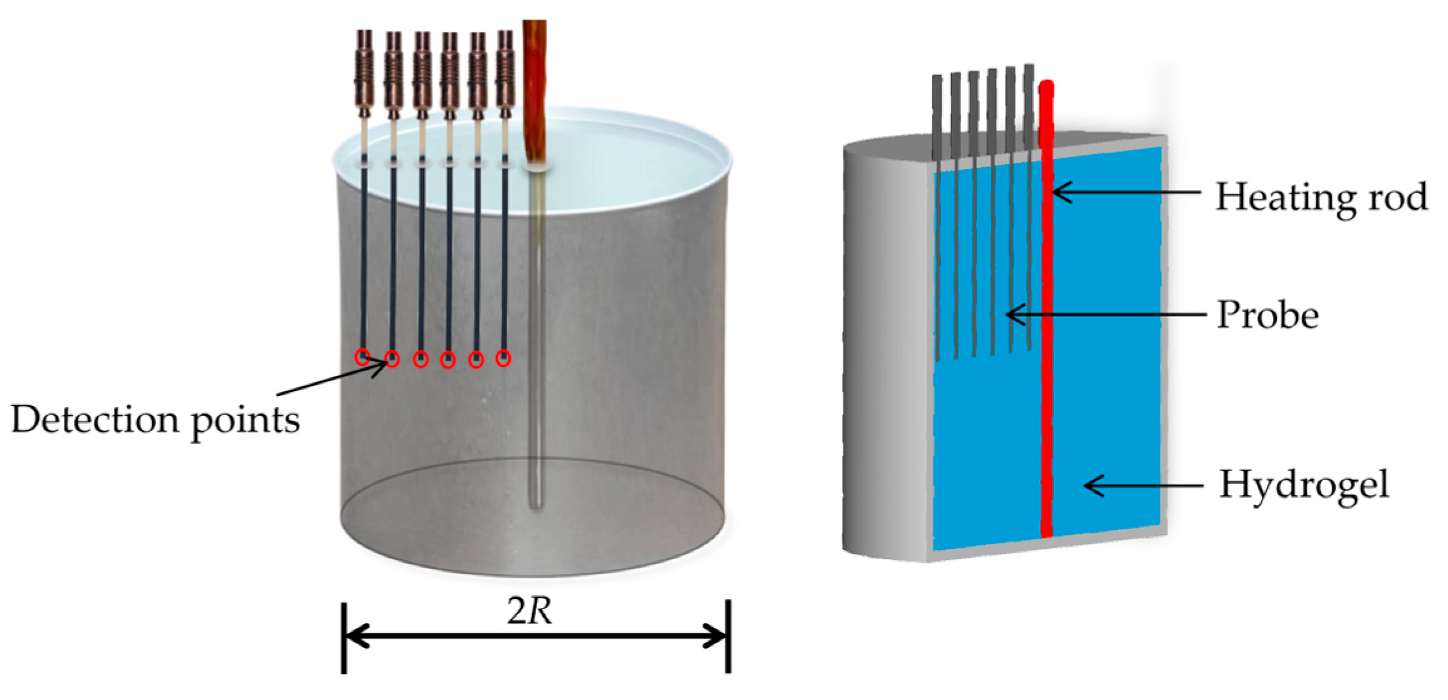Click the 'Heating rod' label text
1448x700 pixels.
point(1321,197)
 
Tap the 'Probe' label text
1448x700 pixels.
point(1267,315)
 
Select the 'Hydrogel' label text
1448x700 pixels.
point(1304,484)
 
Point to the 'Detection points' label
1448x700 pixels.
point(155,419)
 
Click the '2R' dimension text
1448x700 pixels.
point(530,611)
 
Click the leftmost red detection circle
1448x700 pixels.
point(362,357)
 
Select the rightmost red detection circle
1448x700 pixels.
point(503,358)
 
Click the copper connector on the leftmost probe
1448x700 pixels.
point(364,69)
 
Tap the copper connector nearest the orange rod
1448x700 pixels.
point(505,69)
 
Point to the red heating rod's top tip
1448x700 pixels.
point(1046,86)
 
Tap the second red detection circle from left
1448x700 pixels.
point(392,358)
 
